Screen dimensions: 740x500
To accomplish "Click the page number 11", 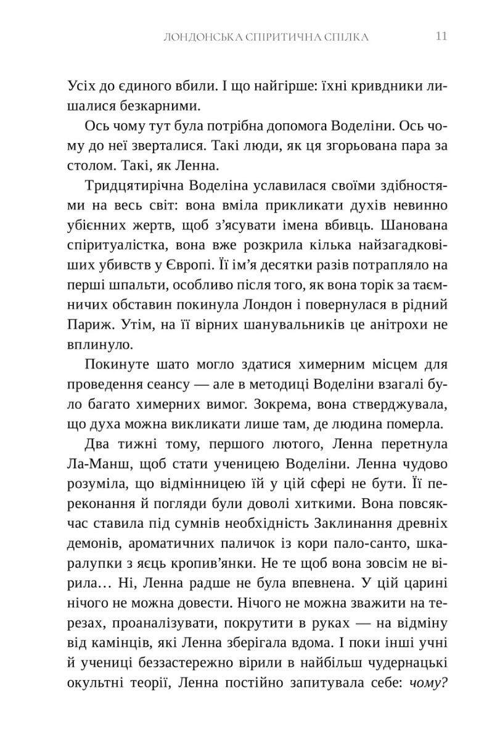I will (x=441, y=36).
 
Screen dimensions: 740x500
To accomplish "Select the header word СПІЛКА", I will (x=345, y=37).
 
